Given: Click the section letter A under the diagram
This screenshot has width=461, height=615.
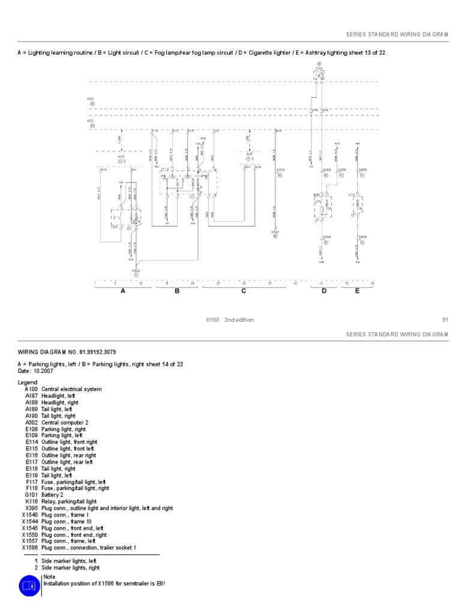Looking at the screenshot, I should (123, 291).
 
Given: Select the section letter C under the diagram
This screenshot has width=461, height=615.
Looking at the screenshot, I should (244, 291).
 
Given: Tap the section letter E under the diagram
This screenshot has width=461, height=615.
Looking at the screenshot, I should (357, 291).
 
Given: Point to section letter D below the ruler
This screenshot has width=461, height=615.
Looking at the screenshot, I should (324, 291).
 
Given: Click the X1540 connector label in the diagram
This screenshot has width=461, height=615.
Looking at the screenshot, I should (280, 170).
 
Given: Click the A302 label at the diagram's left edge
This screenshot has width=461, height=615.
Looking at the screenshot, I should (91, 121).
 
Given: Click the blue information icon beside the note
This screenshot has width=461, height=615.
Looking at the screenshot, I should (29, 585).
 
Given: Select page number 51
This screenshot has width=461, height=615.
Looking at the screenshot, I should (445, 320).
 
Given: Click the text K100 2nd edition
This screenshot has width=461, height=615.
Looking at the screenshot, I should (230, 320).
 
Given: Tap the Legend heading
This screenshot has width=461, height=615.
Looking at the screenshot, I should (28, 383).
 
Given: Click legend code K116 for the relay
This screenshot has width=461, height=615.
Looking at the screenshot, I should (32, 501).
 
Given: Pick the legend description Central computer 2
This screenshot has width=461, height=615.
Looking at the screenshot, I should (63, 422).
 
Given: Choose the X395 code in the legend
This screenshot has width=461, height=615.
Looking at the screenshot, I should (32, 508).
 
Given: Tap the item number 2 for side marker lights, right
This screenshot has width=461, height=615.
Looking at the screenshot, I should (36, 568).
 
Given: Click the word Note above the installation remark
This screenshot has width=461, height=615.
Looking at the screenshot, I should (49, 577).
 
